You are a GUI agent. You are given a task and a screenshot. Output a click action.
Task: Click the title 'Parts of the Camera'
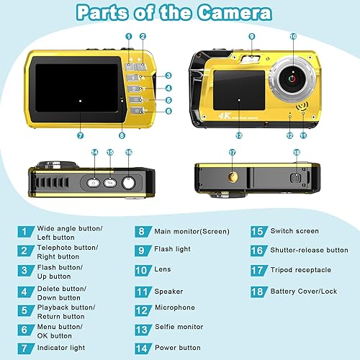pos(174,13)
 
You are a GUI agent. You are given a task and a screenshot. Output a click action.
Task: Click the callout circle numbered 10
pos(293,36)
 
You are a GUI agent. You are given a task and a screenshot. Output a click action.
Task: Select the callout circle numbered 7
pos(80,135)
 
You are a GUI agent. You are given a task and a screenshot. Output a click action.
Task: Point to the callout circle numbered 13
pos(239,135)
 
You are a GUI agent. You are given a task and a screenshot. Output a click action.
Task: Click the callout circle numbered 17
pos(232,153)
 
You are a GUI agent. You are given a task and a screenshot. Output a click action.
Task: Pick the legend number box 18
pos(257,292)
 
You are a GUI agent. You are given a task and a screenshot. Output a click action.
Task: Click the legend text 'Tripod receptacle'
pos(301,270)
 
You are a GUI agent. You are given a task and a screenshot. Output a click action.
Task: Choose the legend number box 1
pos(27,231)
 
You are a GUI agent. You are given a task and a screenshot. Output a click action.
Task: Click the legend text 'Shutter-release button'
pos(309,251)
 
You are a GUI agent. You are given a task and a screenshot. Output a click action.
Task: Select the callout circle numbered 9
pos(251,36)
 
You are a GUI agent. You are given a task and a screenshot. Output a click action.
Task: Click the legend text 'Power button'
pos(178,347)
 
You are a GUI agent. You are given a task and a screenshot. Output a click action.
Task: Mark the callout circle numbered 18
pos(297,153)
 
